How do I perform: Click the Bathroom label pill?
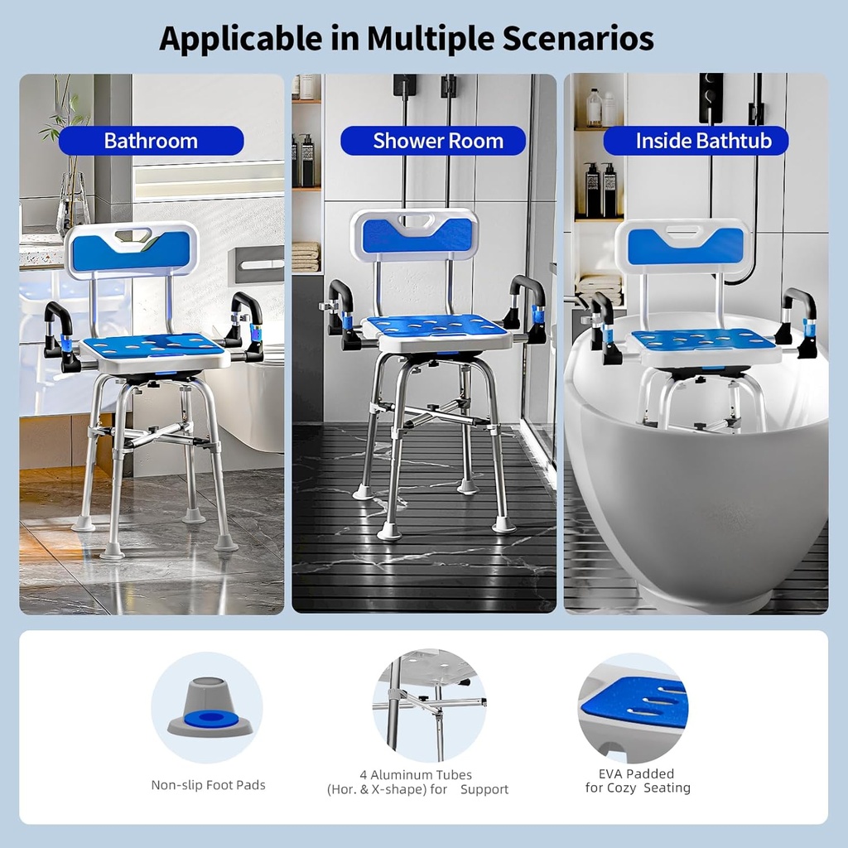pyautogui.click(x=151, y=141)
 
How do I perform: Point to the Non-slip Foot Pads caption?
pyautogui.click(x=208, y=785)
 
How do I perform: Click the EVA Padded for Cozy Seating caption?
pyautogui.click(x=638, y=781)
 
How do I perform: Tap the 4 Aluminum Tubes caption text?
pyautogui.click(x=417, y=783)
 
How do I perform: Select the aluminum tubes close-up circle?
pyautogui.click(x=429, y=706)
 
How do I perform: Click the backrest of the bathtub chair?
pyautogui.click(x=684, y=247)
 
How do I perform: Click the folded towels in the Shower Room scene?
pyautogui.click(x=306, y=257)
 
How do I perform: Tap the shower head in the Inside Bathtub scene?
pyautogui.click(x=711, y=86)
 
